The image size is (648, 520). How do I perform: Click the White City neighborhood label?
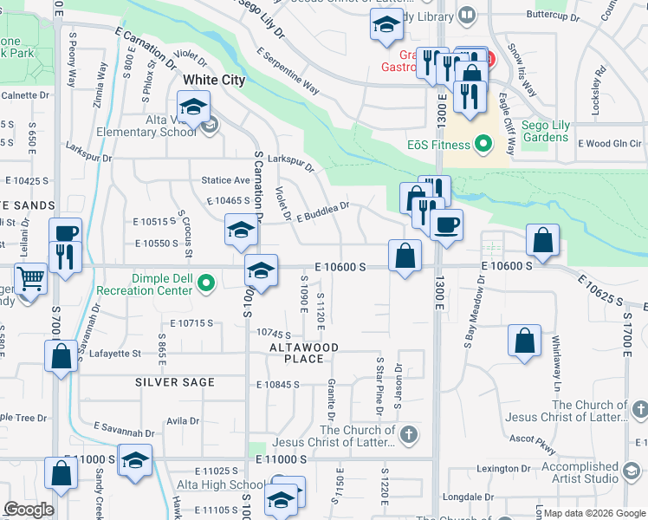tap(213, 80)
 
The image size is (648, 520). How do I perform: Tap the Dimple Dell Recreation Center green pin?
tap(206, 283)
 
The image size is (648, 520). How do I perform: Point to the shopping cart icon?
tap(31, 280)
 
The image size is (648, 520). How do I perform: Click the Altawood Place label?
tap(302, 353)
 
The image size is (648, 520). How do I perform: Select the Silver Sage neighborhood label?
tap(174, 382)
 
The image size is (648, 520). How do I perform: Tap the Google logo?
tap(29, 510)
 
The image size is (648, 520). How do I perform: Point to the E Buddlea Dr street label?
tap(322, 211)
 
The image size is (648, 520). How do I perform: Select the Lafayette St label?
tap(111, 353)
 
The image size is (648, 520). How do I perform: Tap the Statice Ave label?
tap(225, 180)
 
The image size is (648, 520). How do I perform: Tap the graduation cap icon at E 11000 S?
tap(135, 458)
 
